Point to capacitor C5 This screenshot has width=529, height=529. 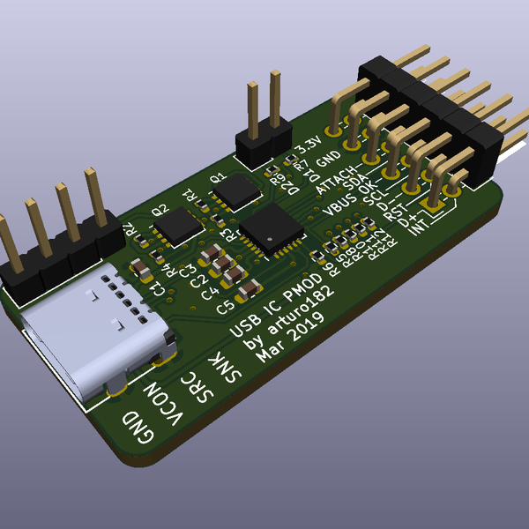coord(250,289)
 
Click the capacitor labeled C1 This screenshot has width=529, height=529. coord(140,268)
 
